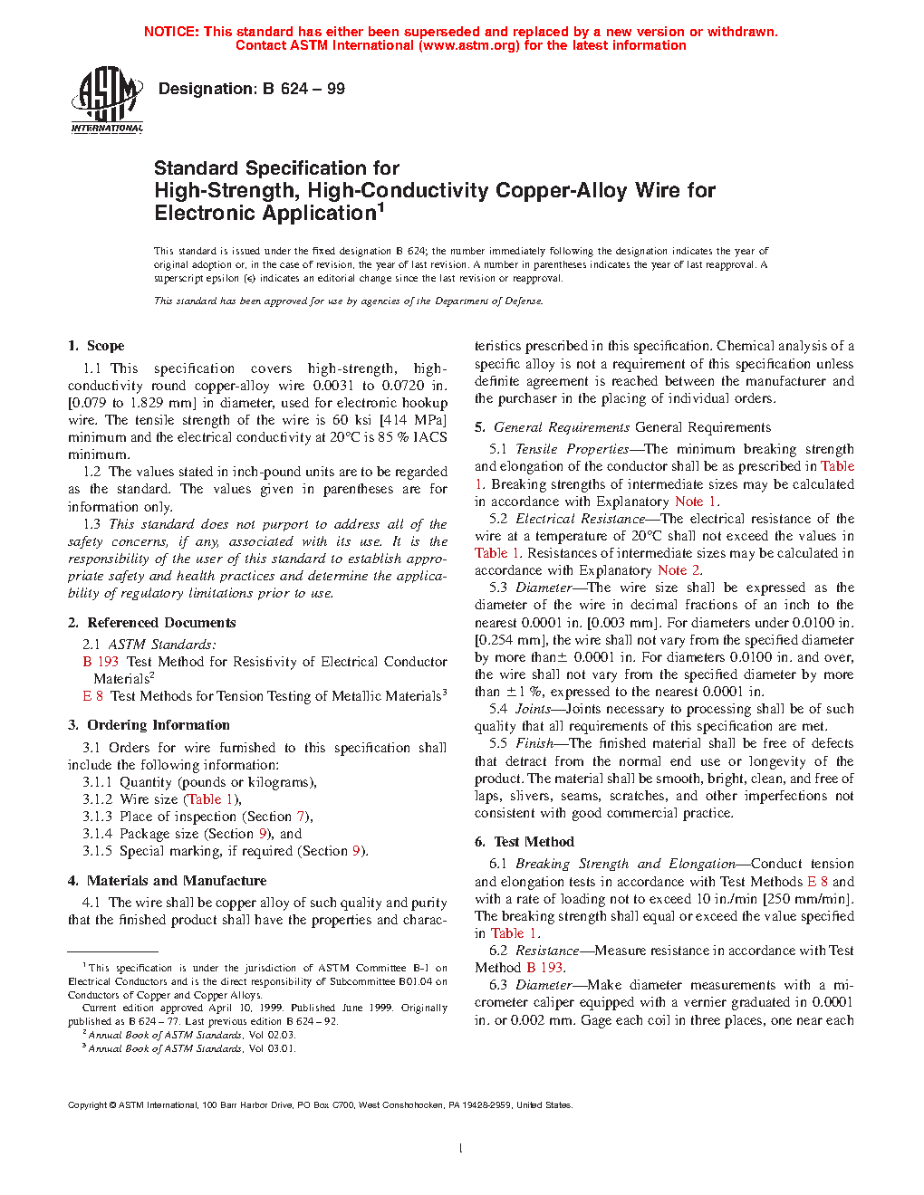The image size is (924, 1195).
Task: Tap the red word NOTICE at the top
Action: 171,32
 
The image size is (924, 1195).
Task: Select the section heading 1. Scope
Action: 96,346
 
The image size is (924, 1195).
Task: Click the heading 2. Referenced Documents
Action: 151,623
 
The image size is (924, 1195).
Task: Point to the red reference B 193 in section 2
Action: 101,662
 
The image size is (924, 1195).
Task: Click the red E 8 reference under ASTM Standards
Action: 93,696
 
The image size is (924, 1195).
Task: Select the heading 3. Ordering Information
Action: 149,725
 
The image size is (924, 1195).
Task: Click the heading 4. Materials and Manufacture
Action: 167,881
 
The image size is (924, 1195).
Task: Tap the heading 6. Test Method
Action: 525,842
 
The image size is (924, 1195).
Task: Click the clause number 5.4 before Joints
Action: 498,709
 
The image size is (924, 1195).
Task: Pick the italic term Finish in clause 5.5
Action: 534,743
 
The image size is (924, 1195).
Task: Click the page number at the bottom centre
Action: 461,1148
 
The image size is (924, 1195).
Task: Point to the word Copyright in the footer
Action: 88,1104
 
